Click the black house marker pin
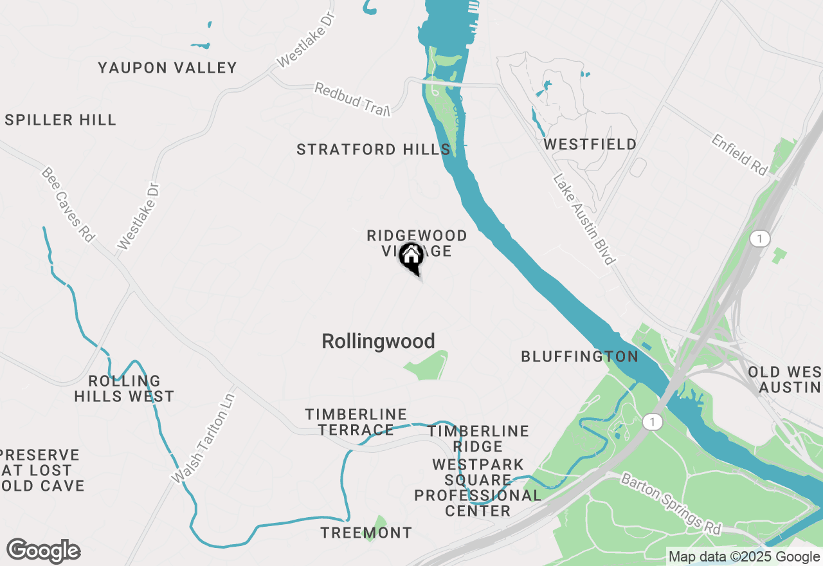pyautogui.click(x=411, y=257)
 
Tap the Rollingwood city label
pyautogui.click(x=378, y=341)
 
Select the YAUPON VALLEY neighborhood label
pyautogui.click(x=167, y=68)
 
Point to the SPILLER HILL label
pyautogui.click(x=60, y=120)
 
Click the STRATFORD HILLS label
pyautogui.click(x=373, y=150)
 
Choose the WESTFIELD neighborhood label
pyautogui.click(x=590, y=144)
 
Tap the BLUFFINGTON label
pyautogui.click(x=579, y=356)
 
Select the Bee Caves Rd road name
pyautogui.click(x=68, y=205)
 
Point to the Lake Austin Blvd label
pyautogui.click(x=584, y=220)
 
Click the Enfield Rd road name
pyautogui.click(x=739, y=154)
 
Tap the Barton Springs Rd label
pyautogui.click(x=671, y=504)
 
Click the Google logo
pyautogui.click(x=43, y=551)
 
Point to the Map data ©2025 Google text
pyautogui.click(x=744, y=557)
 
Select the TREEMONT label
pyautogui.click(x=366, y=533)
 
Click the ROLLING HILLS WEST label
pyautogui.click(x=124, y=388)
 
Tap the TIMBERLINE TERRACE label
pyautogui.click(x=356, y=422)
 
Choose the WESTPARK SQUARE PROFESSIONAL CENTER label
pyautogui.click(x=478, y=488)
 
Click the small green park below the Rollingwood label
pyautogui.click(x=428, y=365)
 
